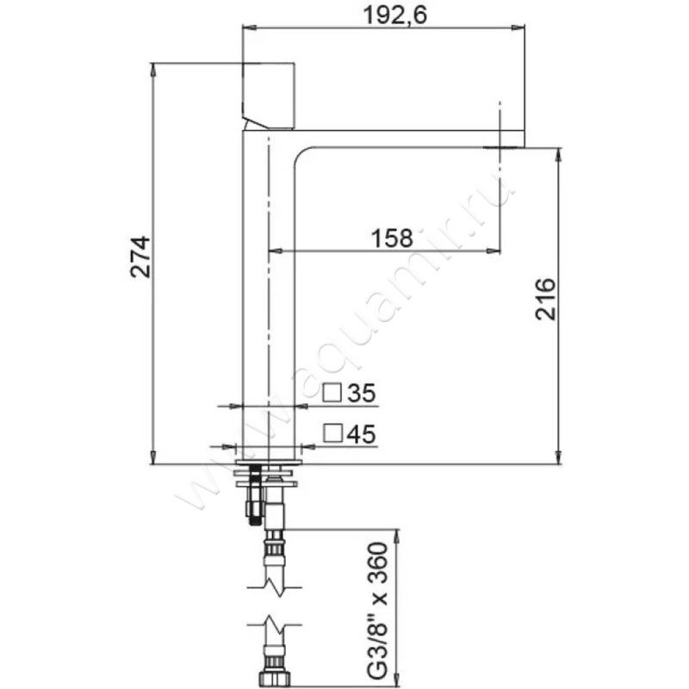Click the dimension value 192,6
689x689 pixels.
point(395,16)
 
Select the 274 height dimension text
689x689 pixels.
point(140,257)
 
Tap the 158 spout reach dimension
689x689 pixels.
point(392,239)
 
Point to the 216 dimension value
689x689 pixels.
point(546,299)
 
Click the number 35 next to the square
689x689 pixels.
point(362,393)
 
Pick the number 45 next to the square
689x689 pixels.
point(361,434)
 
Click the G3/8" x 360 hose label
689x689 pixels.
point(377,611)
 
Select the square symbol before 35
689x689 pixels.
point(332,393)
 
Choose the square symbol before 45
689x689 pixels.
point(332,433)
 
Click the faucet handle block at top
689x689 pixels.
point(268,96)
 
